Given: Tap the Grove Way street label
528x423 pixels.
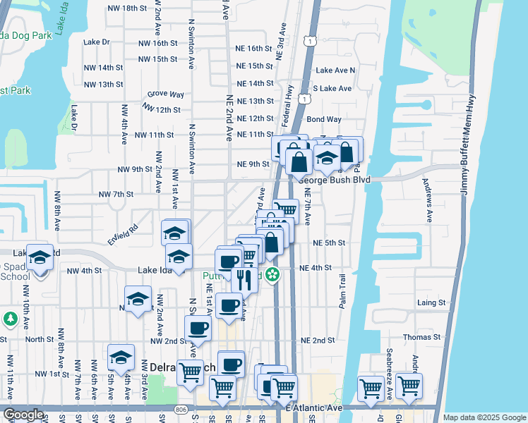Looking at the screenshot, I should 166,94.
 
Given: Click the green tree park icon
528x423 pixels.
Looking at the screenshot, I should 10,319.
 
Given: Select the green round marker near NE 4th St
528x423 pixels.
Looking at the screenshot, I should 270,275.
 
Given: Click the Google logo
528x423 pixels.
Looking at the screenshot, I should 23,415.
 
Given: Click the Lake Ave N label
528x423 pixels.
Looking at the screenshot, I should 335,70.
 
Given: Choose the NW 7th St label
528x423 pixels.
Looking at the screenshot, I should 116,194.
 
